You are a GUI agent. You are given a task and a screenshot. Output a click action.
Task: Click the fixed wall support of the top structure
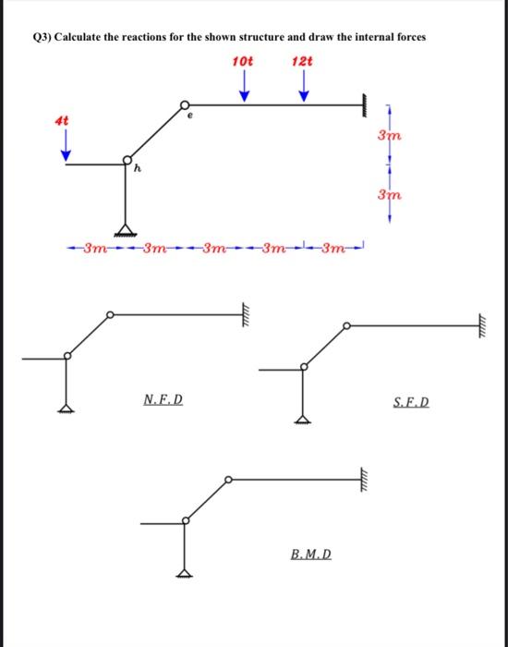click(368, 104)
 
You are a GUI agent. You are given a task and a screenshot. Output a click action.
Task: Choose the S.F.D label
click(411, 403)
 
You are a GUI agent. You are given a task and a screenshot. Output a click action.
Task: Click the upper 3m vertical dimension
click(388, 136)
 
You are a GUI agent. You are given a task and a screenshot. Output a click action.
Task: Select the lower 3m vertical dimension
click(388, 195)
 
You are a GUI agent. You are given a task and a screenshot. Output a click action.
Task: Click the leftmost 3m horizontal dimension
click(95, 249)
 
